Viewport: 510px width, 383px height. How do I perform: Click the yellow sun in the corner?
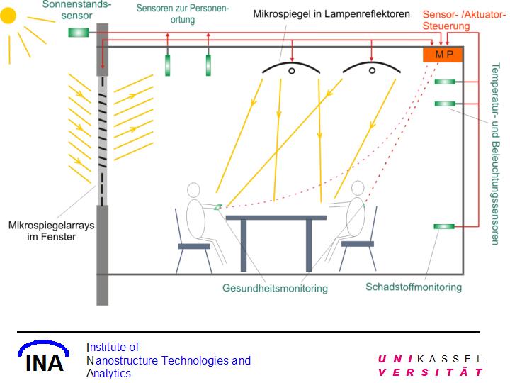(8, 15)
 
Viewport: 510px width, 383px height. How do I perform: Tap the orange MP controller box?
(442, 55)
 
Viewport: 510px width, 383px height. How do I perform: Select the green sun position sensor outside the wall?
(78, 32)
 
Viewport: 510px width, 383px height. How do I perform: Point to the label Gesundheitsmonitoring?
(276, 289)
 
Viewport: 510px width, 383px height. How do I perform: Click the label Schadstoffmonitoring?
(414, 287)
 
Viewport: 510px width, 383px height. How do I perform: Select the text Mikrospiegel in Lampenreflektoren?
(331, 13)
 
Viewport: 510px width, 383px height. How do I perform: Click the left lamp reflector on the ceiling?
(290, 70)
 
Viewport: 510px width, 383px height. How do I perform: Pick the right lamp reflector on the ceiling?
(370, 69)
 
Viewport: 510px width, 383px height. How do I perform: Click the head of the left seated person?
(194, 190)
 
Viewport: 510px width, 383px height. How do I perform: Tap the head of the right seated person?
(358, 188)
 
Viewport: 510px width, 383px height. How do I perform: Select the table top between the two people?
(276, 217)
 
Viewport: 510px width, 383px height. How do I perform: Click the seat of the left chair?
(193, 246)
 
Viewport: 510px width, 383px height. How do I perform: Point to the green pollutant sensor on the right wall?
(444, 227)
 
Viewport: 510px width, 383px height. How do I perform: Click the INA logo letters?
(45, 362)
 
